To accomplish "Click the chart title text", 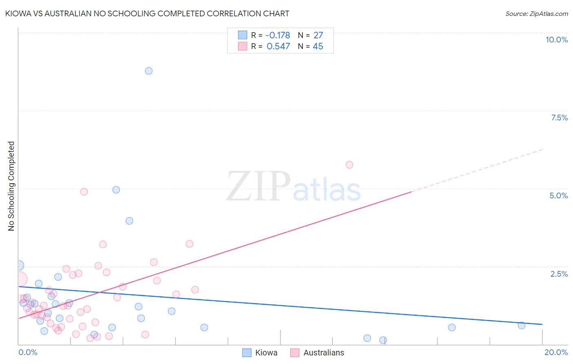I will (147, 13).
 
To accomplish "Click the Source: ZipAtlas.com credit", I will (536, 13).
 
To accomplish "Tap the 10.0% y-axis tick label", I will (556, 40).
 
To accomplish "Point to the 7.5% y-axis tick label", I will (559, 118).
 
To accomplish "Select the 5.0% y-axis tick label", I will (558, 195).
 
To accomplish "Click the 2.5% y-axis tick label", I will (559, 274).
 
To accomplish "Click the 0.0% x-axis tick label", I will (28, 352).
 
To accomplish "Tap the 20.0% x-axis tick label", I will (556, 352).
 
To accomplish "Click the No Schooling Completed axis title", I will (11, 186).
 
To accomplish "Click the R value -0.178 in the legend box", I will (278, 36).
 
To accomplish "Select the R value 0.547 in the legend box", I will (278, 47).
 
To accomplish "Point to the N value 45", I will (318, 47).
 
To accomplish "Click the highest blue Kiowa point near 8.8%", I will (149, 71).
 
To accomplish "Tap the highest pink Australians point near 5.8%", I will (349, 165).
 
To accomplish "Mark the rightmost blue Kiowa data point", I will (521, 325).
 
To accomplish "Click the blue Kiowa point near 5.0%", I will (116, 190).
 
